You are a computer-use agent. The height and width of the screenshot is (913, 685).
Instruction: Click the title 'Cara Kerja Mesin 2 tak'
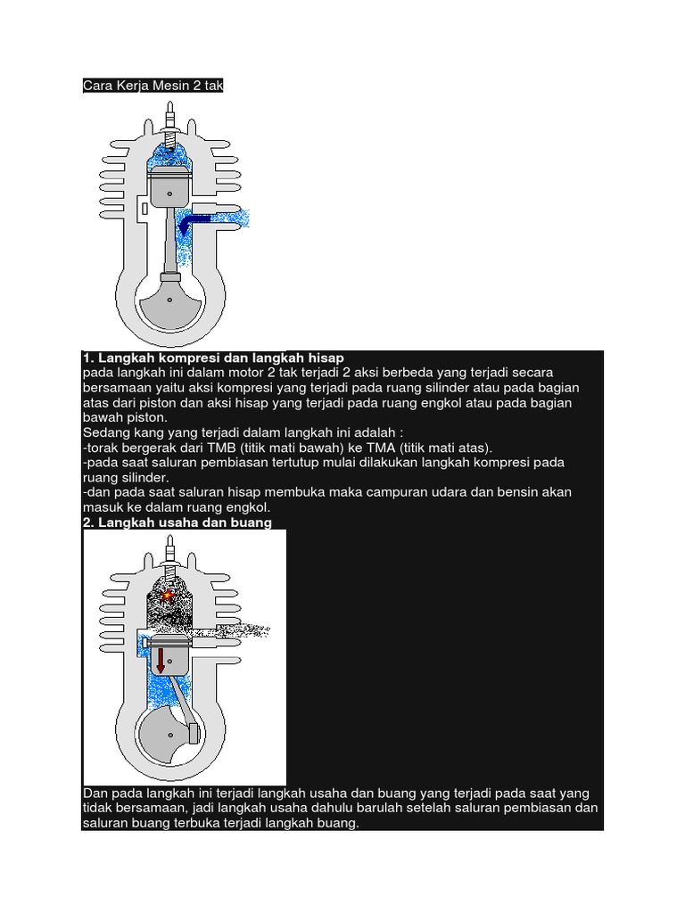tap(153, 86)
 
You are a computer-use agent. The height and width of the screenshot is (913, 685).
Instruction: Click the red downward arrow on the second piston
tap(161, 661)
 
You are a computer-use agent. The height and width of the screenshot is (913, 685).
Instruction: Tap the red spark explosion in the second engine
tap(165, 595)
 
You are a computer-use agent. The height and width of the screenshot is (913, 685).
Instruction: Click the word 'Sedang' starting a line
tap(104, 432)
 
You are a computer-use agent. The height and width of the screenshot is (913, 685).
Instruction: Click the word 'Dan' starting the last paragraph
tap(95, 794)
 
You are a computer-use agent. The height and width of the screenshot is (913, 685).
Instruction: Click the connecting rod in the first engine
tap(168, 241)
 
